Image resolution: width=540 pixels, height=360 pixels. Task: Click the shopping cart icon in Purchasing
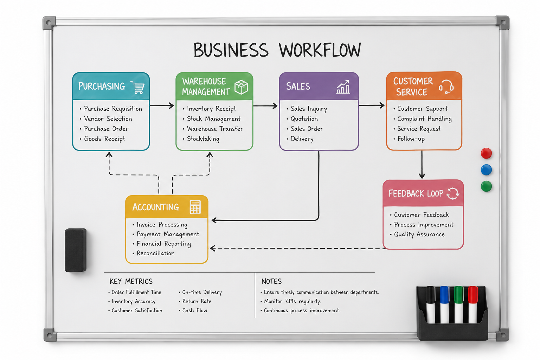pos(138,88)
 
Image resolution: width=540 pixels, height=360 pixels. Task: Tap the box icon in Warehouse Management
pos(241,87)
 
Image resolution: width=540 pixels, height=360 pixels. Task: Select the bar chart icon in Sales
pos(343,87)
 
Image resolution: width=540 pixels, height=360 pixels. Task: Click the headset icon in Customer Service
pos(446,87)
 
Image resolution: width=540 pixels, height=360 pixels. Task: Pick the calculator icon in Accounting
pos(195,207)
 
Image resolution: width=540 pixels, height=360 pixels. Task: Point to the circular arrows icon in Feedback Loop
pos(453,193)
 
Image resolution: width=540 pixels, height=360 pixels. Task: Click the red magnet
pos(486,153)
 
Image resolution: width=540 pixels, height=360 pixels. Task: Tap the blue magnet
pos(486,170)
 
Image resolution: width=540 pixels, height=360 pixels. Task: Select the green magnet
pos(486,186)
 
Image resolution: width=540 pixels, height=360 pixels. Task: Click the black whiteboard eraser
pos(76,250)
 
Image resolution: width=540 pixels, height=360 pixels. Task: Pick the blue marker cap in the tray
pos(444,294)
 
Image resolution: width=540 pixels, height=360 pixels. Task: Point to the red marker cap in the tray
pos(473,294)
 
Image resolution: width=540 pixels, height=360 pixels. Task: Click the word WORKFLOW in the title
pos(320,50)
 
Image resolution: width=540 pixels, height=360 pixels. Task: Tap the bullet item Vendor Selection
pos(108,118)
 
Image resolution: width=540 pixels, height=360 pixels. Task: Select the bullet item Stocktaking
pos(203,139)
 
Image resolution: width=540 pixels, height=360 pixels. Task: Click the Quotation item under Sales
pos(304,118)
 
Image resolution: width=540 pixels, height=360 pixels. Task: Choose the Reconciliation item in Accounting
pos(155,253)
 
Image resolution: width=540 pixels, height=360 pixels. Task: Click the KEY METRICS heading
pos(131,281)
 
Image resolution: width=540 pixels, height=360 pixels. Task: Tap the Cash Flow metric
pos(195,310)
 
